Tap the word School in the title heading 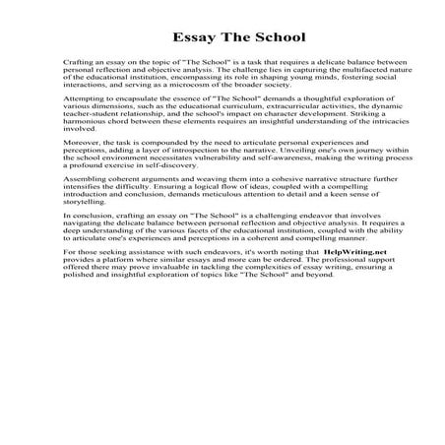pos(250,36)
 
